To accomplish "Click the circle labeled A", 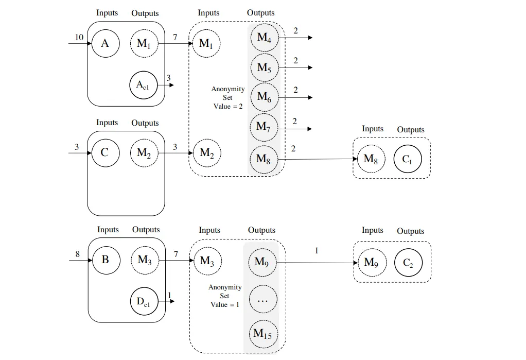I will point(105,44).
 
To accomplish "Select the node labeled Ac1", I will point(143,85).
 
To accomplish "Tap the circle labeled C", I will point(105,153).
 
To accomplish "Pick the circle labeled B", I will point(106,260).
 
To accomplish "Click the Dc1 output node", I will point(144,301).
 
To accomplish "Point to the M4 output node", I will point(264,38).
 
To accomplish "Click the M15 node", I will point(263,334).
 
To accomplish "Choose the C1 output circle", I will point(407,160).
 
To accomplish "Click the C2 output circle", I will point(408,263).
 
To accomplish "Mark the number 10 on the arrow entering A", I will point(79,38).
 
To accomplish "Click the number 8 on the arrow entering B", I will point(78,254).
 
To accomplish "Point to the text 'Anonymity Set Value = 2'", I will point(228,97).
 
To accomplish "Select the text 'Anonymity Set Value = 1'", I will point(225,296).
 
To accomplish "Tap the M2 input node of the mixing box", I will point(207,153).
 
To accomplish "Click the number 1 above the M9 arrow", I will point(317,251).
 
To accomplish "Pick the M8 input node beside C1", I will point(371,159).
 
